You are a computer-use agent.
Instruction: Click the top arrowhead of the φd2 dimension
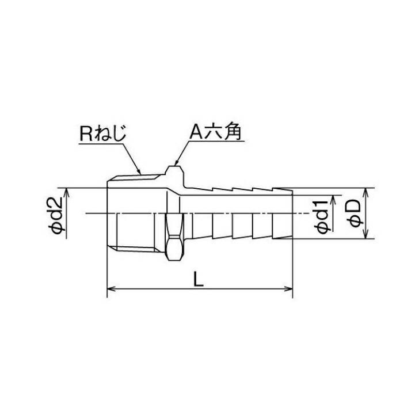(x=67, y=192)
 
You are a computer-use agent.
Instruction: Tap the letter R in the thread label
(x=84, y=133)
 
